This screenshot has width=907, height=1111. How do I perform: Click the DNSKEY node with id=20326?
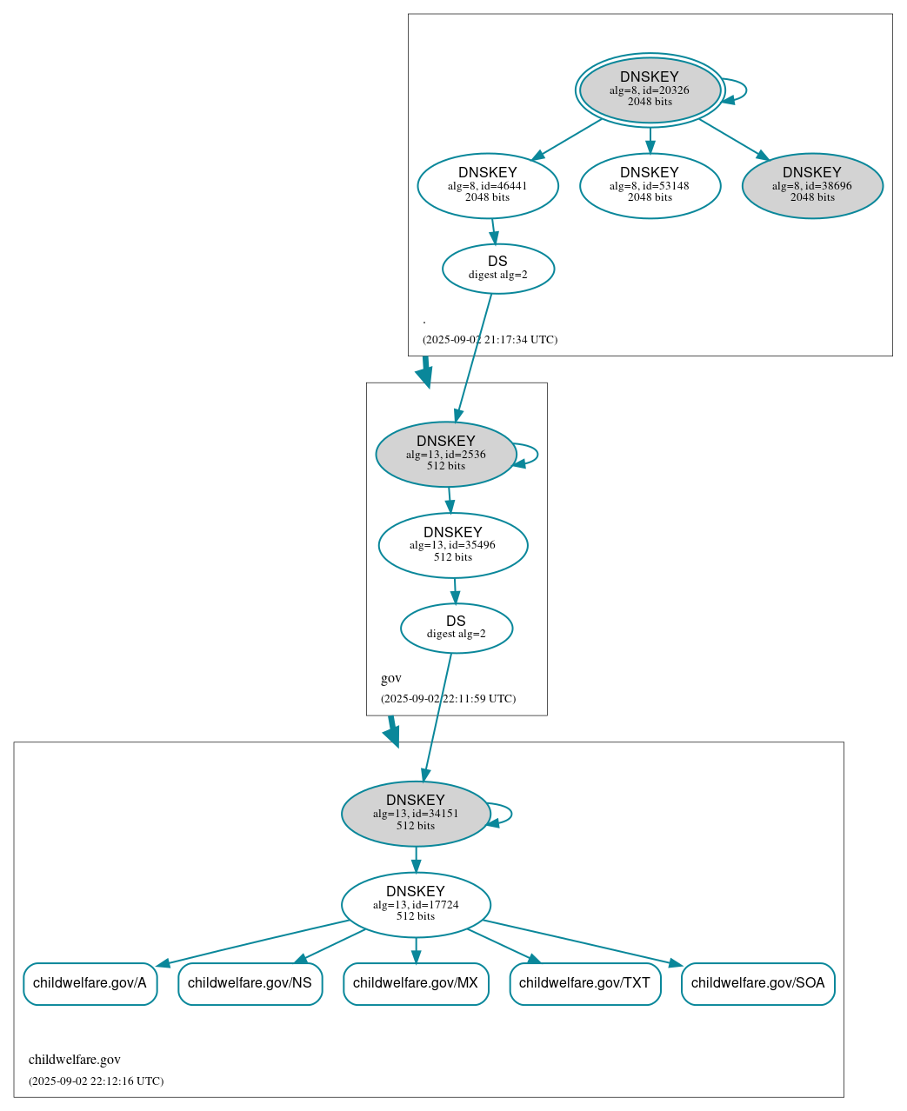(650, 90)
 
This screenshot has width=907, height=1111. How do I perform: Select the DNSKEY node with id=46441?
(488, 185)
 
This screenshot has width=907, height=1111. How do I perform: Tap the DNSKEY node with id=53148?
(650, 185)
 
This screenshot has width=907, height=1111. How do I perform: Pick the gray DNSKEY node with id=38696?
(812, 185)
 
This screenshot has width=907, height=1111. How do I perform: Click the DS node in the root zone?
(497, 269)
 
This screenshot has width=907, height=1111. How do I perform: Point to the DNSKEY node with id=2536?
(446, 454)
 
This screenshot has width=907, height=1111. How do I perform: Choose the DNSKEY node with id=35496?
(453, 545)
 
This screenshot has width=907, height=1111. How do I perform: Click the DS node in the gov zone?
(457, 628)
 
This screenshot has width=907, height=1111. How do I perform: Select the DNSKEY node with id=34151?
(416, 814)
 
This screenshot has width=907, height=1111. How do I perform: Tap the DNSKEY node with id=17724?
(416, 904)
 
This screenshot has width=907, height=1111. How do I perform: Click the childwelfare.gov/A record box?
(90, 983)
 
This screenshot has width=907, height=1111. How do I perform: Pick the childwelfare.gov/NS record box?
(250, 983)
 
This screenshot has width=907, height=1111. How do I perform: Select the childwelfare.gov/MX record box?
(416, 983)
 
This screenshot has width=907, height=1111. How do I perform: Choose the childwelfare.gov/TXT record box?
(584, 983)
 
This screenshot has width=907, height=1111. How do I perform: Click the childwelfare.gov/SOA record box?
(757, 983)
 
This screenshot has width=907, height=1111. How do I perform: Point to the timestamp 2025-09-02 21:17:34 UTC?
(490, 340)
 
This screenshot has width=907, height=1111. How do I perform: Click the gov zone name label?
(391, 678)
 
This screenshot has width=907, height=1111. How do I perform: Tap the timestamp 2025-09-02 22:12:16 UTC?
(96, 1081)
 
